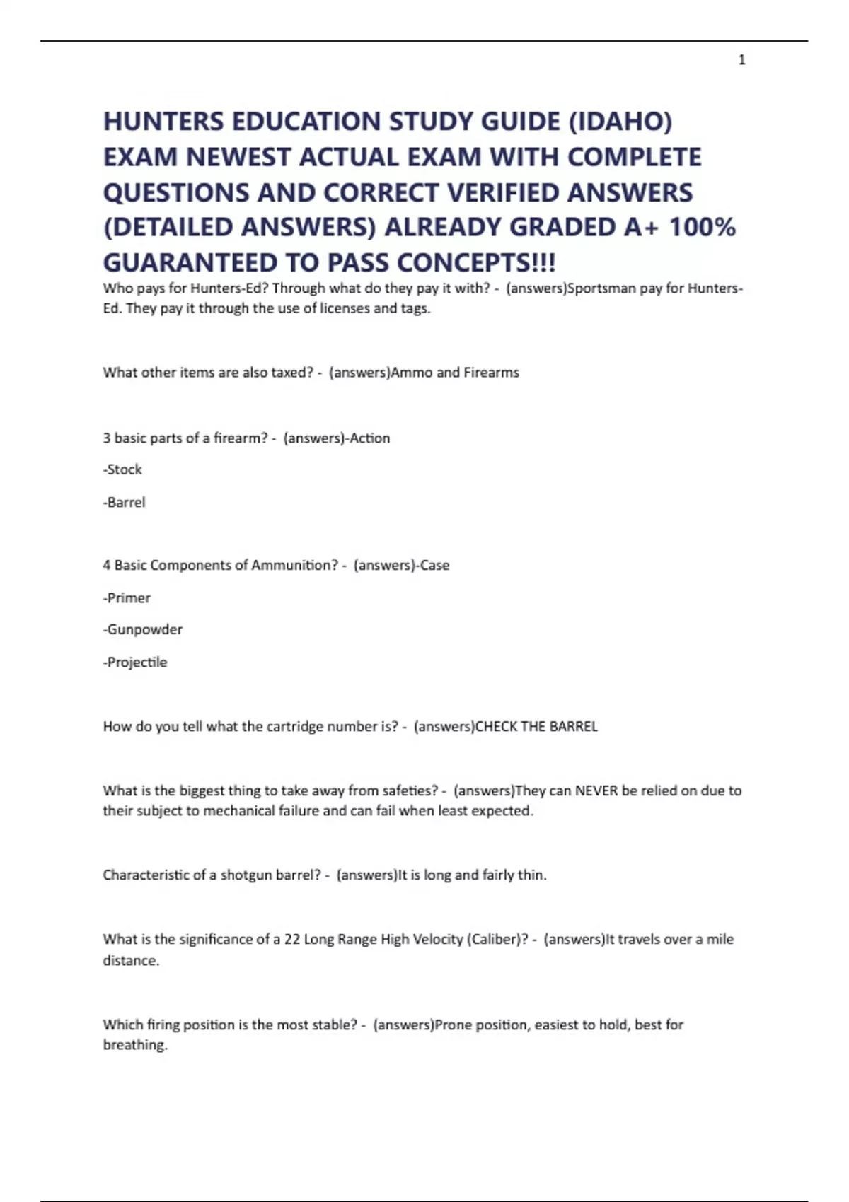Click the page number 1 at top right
pyautogui.click(x=741, y=60)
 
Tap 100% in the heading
pyautogui.click(x=702, y=227)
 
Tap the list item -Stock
pyautogui.click(x=122, y=469)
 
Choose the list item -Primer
pyautogui.click(x=127, y=598)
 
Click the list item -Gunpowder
pyautogui.click(x=143, y=629)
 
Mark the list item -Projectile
pyautogui.click(x=135, y=663)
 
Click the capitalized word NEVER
pyautogui.click(x=596, y=791)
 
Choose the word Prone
pyautogui.click(x=452, y=1025)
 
